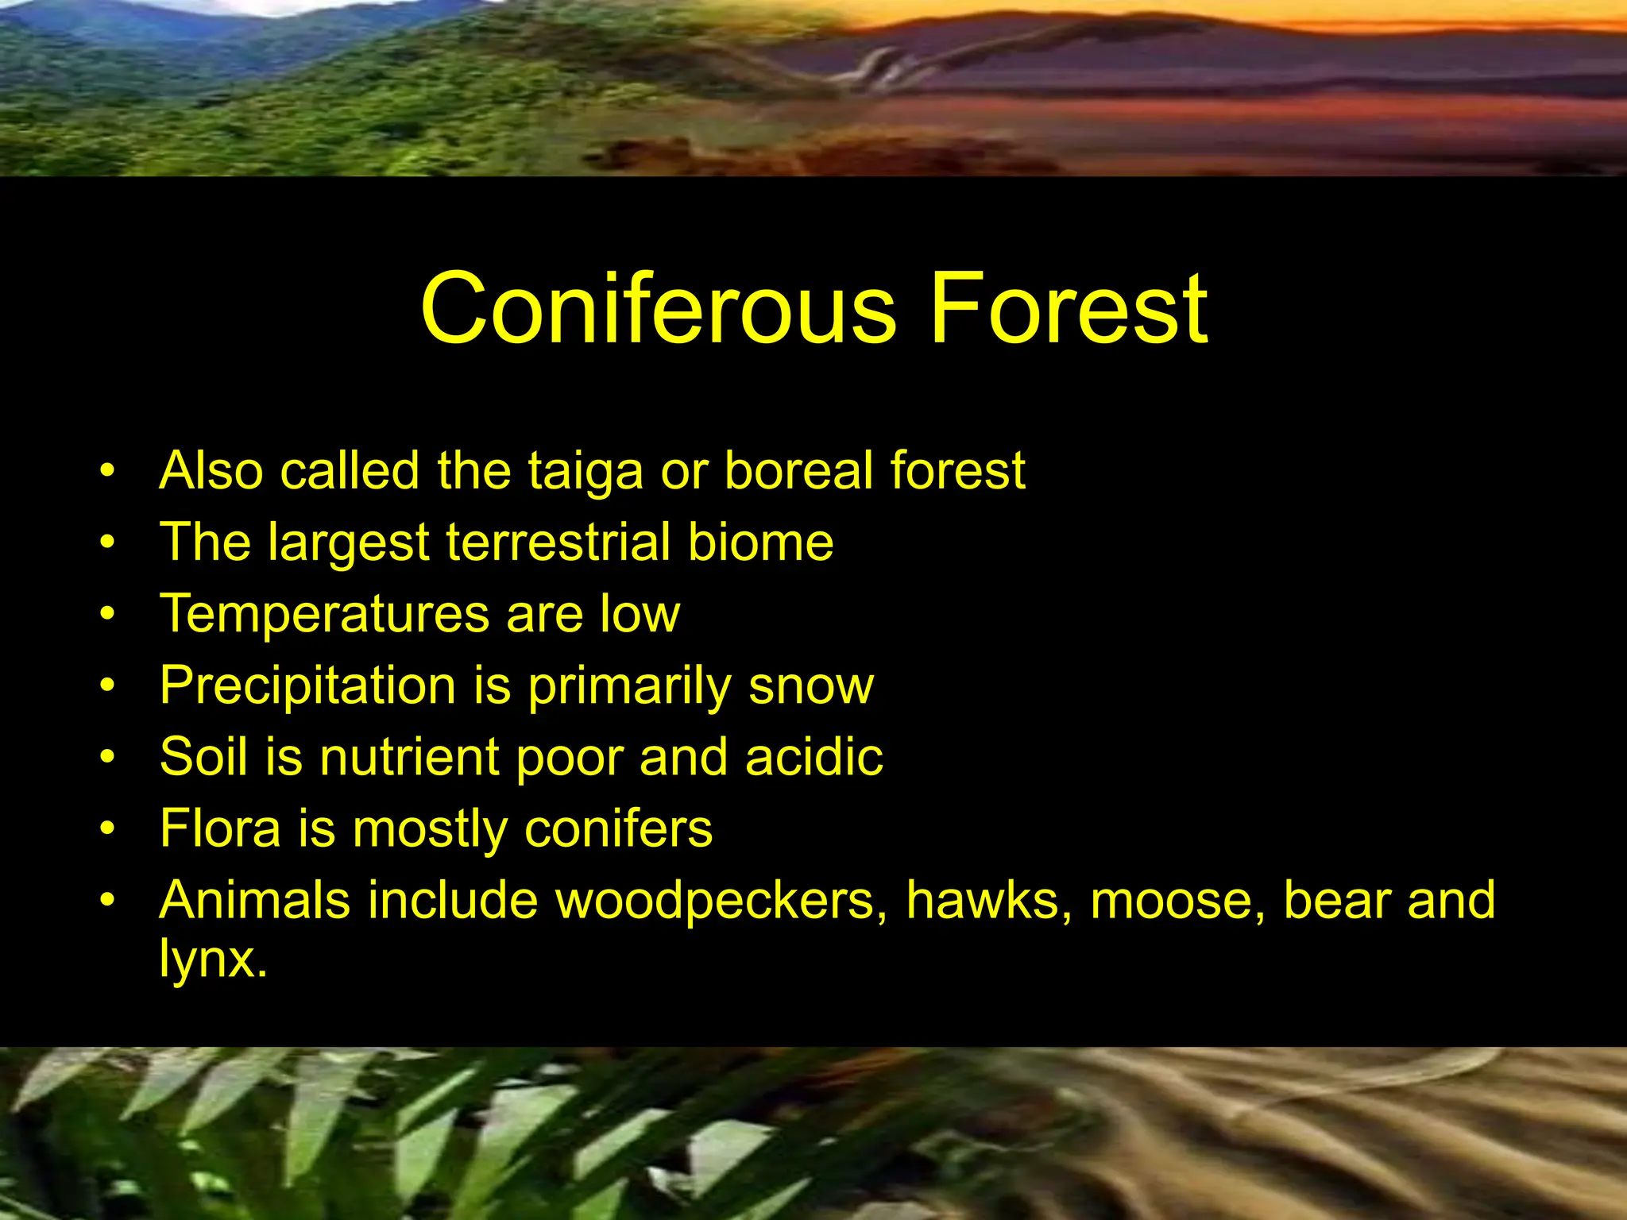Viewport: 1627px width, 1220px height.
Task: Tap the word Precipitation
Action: [307, 686]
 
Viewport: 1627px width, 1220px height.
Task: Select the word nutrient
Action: [409, 757]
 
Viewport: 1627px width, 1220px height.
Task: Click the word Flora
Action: [220, 829]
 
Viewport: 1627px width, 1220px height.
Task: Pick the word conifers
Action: [618, 829]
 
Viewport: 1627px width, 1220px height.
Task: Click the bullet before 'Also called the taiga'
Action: [108, 471]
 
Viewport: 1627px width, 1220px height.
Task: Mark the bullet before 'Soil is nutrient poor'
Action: [108, 758]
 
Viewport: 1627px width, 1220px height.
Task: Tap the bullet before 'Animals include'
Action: [108, 901]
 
